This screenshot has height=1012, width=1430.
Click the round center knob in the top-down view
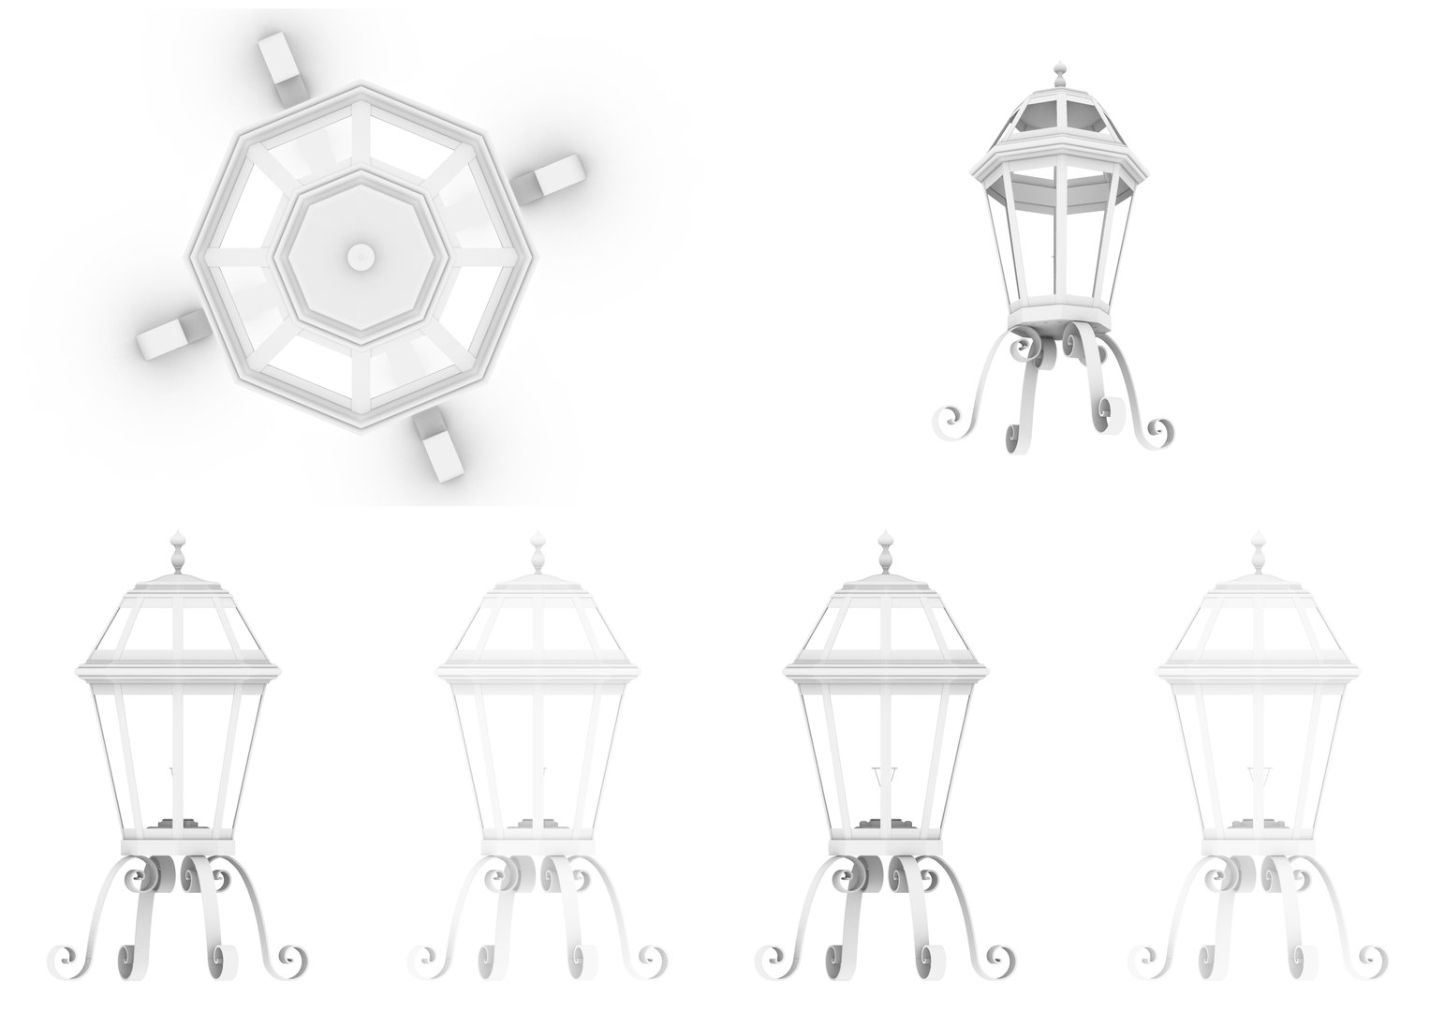click(x=360, y=256)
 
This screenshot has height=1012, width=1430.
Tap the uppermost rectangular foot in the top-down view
click(x=281, y=67)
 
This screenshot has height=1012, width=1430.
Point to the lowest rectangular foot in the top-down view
click(x=439, y=448)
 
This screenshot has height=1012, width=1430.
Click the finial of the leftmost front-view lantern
click(x=177, y=552)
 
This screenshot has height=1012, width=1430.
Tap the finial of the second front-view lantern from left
click(x=538, y=552)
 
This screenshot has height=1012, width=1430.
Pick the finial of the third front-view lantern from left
click(x=886, y=552)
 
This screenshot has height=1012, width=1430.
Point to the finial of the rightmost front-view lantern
click(x=1258, y=552)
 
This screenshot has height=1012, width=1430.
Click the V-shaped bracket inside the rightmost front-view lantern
click(x=1258, y=780)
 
